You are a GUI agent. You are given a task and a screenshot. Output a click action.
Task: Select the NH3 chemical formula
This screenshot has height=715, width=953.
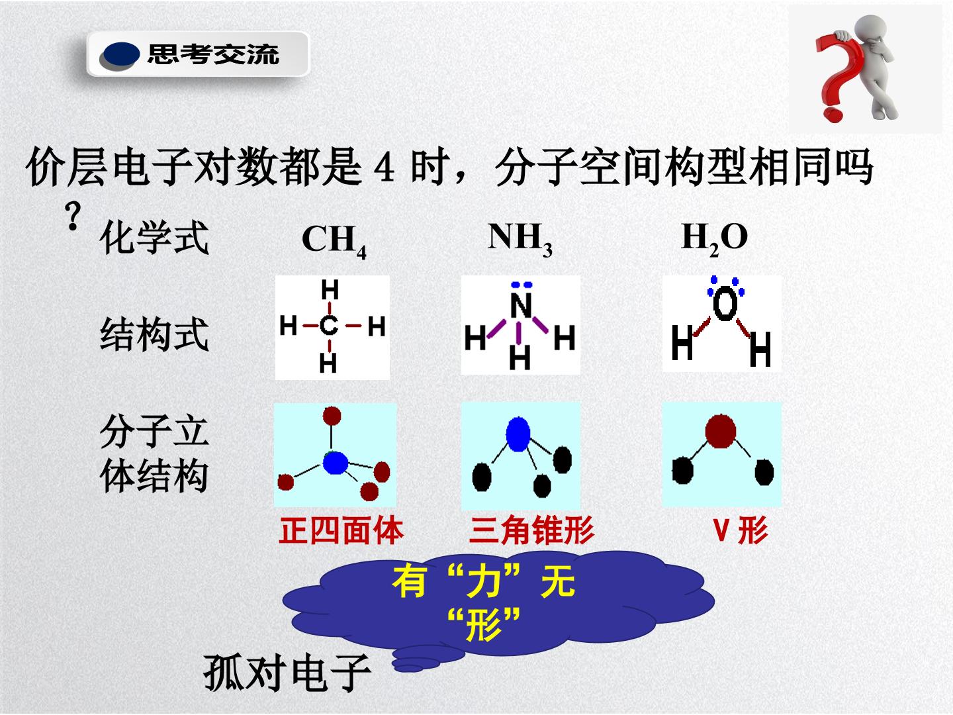(x=520, y=239)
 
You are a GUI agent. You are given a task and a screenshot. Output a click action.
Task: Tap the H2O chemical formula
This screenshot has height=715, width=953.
(x=714, y=239)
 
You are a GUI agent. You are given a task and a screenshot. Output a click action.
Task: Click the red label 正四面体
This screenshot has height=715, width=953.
(x=341, y=530)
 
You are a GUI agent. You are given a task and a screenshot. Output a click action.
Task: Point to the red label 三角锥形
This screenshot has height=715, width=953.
(x=531, y=530)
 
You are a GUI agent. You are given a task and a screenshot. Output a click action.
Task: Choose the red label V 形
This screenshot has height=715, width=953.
(x=740, y=530)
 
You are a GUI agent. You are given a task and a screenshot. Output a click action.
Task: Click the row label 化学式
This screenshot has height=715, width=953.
(x=155, y=237)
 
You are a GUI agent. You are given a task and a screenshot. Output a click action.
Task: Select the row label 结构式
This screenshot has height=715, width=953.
(x=155, y=334)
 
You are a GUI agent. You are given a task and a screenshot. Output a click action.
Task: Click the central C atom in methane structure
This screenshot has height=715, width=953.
(x=329, y=326)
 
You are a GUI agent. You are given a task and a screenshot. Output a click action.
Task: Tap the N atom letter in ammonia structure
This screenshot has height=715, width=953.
(x=521, y=306)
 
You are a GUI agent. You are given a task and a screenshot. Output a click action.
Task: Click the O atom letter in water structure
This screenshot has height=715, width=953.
(x=725, y=303)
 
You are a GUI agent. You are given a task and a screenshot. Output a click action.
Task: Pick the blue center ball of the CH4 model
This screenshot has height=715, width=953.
(x=336, y=463)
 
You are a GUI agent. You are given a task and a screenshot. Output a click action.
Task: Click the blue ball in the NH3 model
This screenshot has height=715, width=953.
(x=518, y=434)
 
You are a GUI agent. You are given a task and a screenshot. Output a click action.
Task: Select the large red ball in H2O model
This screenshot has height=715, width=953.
(x=721, y=431)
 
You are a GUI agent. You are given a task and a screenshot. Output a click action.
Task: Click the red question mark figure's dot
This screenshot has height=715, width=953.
(x=833, y=115)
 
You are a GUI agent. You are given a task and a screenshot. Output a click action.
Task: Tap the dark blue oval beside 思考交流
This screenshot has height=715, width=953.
(x=120, y=55)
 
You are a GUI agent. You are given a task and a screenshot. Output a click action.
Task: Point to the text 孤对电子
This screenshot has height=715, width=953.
(x=287, y=673)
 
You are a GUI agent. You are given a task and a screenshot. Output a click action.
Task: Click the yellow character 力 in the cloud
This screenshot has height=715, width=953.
(x=483, y=581)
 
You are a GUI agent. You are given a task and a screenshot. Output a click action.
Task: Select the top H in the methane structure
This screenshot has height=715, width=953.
(x=330, y=289)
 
